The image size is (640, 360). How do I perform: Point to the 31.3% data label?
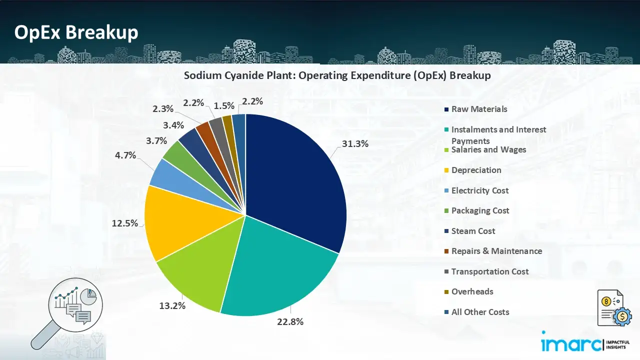355,144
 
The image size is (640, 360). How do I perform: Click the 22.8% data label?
290,322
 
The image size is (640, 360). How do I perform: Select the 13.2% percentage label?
172,306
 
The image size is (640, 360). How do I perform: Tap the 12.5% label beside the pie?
124,223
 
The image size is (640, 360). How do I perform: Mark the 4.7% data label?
125,155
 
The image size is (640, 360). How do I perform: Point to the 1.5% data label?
224,106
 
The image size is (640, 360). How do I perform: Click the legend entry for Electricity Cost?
479,190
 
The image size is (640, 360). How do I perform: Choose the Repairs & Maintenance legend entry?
496,251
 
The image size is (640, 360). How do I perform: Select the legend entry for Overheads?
472,291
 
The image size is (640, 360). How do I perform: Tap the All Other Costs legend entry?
480,312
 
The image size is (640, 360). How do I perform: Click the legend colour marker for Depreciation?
445,170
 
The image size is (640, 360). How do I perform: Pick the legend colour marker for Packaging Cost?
445,211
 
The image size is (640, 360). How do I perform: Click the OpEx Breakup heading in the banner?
76,32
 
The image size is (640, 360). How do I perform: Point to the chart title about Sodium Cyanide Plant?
337,75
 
